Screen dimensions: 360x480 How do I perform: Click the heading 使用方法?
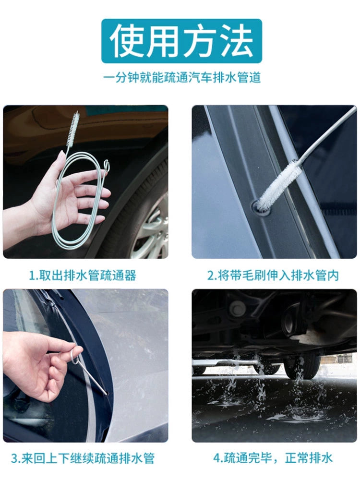(x=182, y=41)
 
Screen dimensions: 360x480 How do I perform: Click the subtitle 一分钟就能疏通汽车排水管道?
(x=182, y=77)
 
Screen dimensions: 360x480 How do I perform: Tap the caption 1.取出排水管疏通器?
(x=82, y=275)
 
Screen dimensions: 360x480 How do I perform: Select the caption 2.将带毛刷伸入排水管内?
(x=273, y=275)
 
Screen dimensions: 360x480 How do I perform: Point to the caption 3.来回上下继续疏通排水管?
(x=83, y=458)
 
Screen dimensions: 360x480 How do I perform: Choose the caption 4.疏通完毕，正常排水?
(x=273, y=458)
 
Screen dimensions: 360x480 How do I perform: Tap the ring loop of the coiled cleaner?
(x=106, y=164)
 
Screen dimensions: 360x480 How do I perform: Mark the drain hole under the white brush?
(x=260, y=209)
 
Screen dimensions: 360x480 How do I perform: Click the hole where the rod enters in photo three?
(x=107, y=394)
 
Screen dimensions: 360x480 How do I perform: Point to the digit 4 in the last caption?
(x=217, y=458)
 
